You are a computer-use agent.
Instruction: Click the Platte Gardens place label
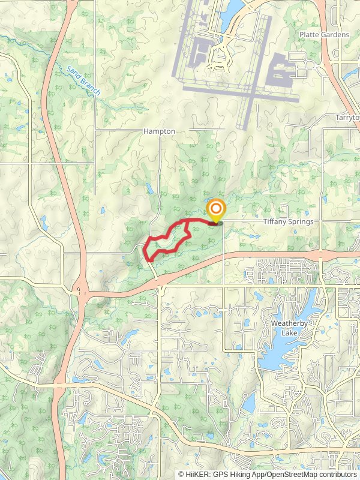coord(324,35)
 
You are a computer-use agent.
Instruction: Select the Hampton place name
coord(159,131)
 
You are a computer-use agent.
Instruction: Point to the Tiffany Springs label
coord(288,221)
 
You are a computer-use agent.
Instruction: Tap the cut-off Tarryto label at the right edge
coord(347,118)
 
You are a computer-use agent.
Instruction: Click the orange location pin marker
coord(215,211)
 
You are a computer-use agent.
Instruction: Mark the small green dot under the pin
coord(220,224)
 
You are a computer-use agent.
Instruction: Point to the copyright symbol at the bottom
coord(181,474)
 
